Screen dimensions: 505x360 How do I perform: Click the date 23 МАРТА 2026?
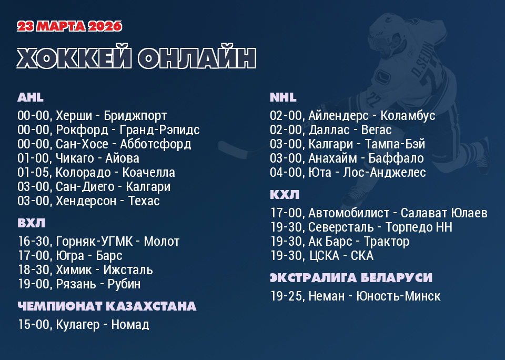coord(69,26)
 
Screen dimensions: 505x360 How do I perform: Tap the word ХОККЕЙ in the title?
coord(74,58)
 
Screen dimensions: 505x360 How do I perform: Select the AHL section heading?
coord(31,97)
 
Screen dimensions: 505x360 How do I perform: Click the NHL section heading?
coord(283,97)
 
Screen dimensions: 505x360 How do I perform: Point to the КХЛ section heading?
coord(285,195)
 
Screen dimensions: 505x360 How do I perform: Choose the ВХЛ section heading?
coord(31,223)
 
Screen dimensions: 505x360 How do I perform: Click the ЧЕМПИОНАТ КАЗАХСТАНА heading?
coord(107,306)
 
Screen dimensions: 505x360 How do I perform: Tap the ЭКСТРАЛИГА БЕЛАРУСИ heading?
coord(351,278)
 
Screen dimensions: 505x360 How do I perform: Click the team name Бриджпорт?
coord(135,116)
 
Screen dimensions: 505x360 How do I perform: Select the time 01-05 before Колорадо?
coord(33,173)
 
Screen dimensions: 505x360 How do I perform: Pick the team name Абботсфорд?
coord(156,144)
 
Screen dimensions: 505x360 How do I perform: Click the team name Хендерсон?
coord(86,201)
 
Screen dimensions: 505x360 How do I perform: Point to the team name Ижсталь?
coord(128,270)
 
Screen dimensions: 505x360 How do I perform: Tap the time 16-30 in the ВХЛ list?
coord(33,242)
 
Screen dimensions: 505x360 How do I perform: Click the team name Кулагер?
coord(78,325)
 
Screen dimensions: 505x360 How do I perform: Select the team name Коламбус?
coord(408,116)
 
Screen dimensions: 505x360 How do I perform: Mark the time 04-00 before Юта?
coord(286,173)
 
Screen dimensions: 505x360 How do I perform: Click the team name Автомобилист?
coord(349,213)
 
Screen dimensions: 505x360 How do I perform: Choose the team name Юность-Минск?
coord(398,296)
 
